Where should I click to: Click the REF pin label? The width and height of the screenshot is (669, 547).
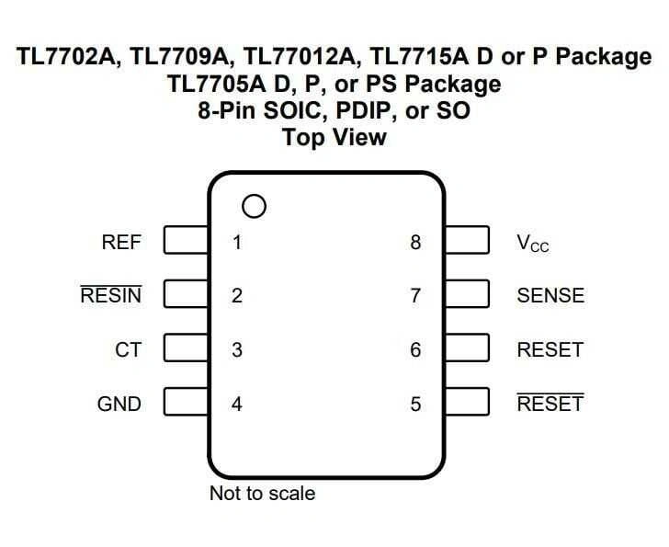(122, 243)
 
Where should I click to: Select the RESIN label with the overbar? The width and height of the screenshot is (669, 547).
(111, 296)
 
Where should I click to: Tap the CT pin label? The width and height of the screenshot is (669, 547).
(128, 350)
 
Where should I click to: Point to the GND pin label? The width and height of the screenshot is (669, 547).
(119, 404)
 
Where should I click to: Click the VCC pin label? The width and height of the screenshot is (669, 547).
(533, 244)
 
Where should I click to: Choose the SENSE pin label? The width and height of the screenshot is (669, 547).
(550, 296)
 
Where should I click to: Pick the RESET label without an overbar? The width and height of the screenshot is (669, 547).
(550, 350)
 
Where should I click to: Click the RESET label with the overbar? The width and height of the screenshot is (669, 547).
(550, 404)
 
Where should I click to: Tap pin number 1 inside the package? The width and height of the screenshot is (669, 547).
(237, 243)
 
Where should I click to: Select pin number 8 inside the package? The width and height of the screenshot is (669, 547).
(415, 243)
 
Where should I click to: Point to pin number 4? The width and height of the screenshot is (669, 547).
(237, 404)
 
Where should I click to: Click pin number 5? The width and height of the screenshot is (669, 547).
(415, 404)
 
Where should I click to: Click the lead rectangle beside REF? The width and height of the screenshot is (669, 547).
(186, 242)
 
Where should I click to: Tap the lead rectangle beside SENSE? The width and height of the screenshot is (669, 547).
(466, 295)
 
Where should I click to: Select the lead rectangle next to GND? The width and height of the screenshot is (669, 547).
(186, 403)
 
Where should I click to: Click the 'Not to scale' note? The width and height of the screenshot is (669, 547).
(262, 494)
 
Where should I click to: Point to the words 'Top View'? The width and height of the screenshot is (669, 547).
(334, 138)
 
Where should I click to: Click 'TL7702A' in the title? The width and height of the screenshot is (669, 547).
(68, 57)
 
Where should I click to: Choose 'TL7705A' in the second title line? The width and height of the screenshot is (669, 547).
(217, 85)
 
